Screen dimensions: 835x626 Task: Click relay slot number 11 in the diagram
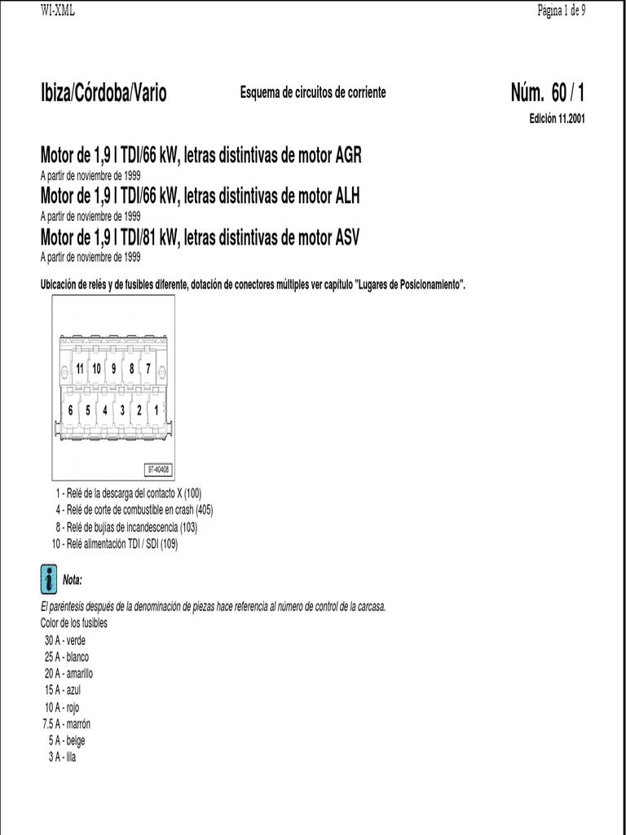80,369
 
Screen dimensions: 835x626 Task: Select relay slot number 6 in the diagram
71,410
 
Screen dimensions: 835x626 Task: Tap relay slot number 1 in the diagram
156,410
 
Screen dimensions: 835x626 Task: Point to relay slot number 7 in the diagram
148,369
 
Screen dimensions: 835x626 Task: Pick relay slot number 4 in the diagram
105,410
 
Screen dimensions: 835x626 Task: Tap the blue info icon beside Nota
48,578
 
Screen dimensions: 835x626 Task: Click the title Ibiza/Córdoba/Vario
104,94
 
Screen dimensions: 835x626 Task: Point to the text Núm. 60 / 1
546,94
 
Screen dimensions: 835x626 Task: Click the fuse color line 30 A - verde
65,641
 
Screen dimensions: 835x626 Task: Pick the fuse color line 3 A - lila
62,758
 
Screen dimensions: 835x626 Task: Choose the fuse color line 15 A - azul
63,691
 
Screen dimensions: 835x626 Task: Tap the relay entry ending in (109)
114,544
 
